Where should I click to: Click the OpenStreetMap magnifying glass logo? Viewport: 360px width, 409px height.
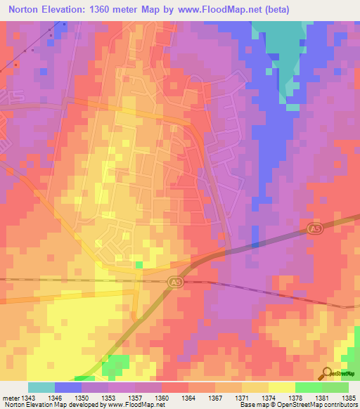point(327,373)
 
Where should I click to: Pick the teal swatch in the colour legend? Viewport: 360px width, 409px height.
point(41,387)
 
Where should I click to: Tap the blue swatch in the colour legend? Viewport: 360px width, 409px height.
point(68,387)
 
